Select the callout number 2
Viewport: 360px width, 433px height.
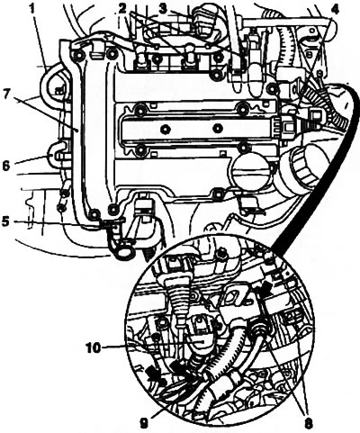click(x=122, y=9)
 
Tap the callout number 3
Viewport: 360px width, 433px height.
click(x=163, y=9)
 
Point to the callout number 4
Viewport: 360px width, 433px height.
click(x=335, y=9)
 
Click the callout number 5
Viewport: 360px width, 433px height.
click(x=6, y=221)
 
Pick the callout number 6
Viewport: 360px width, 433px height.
click(x=6, y=166)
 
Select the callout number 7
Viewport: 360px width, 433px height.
click(x=7, y=92)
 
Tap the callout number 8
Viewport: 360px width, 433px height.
click(x=308, y=423)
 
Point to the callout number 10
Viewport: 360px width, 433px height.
click(x=93, y=348)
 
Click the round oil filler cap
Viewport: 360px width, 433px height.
click(x=251, y=171)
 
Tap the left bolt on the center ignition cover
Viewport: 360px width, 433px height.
click(x=165, y=130)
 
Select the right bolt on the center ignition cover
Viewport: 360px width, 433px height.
click(x=217, y=129)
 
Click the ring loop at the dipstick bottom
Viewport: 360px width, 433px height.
click(x=122, y=254)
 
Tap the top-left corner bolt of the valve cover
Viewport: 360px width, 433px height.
click(x=78, y=56)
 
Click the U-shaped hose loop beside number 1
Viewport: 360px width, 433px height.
click(x=49, y=87)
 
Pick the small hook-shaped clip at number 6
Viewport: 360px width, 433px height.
click(x=57, y=152)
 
